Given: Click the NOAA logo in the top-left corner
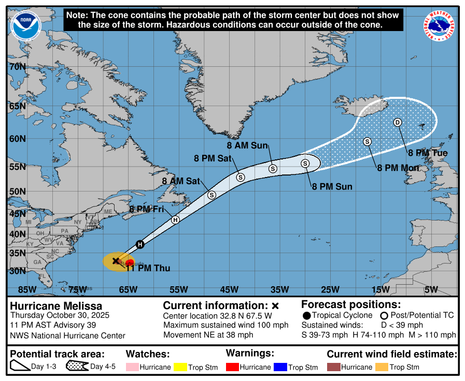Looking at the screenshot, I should click(x=24, y=26).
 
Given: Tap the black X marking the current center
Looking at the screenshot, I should click(x=116, y=261).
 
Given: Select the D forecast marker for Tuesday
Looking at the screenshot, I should click(x=398, y=122).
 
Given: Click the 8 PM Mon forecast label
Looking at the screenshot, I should click(x=398, y=168).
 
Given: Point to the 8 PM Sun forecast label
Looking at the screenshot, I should click(x=332, y=187).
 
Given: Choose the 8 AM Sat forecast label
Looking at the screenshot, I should click(x=181, y=181).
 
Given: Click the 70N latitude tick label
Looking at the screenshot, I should click(x=18, y=67).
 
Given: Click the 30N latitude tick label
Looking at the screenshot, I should click(x=18, y=271).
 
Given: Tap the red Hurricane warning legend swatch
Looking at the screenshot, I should click(x=232, y=367).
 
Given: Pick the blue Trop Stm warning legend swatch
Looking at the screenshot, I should click(x=280, y=367).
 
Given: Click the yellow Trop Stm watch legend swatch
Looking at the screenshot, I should click(x=180, y=367).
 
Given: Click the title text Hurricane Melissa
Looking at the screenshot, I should click(x=56, y=306).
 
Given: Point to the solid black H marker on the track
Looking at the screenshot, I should click(x=139, y=244).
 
